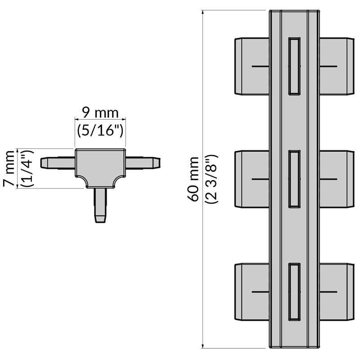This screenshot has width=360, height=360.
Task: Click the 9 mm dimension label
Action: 99,112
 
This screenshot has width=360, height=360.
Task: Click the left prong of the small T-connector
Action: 57,162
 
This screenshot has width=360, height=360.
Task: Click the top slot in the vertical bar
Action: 294,66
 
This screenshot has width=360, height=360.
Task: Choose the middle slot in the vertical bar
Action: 294,179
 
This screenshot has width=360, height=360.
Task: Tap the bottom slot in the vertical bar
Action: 294,292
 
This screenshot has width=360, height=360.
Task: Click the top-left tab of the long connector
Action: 252,67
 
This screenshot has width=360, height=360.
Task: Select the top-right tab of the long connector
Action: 335,67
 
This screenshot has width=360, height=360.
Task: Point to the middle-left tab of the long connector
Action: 252,179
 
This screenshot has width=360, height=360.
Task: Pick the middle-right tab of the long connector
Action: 335,179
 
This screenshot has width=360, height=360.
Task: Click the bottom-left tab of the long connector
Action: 252,292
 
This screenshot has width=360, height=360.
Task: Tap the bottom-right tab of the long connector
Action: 335,292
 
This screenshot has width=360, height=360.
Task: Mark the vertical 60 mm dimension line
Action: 203,270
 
